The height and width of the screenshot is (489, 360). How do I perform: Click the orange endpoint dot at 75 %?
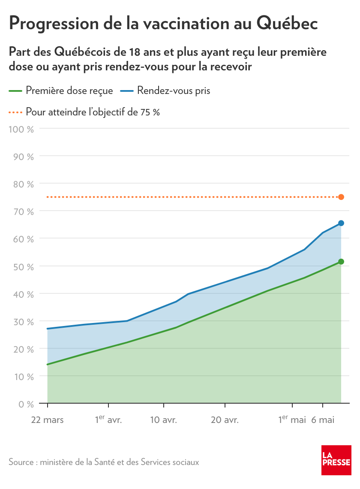click(x=341, y=197)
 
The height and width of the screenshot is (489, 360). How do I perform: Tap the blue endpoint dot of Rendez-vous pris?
click(x=341, y=223)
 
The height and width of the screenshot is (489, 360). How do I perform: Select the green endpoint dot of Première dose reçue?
click(x=341, y=262)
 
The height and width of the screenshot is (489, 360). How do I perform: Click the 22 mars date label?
click(x=47, y=420)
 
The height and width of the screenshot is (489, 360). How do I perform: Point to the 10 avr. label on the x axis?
click(x=163, y=420)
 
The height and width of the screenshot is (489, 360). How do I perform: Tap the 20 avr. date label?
click(x=225, y=420)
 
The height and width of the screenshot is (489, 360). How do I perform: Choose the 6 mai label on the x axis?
click(x=323, y=420)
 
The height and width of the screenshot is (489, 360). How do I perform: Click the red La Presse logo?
click(x=336, y=460)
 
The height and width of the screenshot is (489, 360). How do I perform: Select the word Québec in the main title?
click(x=287, y=24)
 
